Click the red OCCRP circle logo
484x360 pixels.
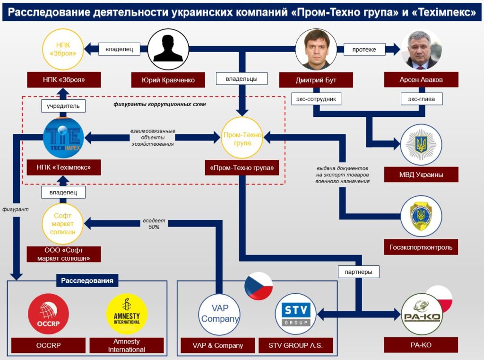pos(48,314)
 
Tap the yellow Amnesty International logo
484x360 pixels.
pos(127,314)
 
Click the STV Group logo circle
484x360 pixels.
pos(296,314)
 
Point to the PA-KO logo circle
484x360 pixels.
pos(421,314)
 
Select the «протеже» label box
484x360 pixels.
pos(363,49)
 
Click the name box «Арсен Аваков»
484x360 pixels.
pos(421,80)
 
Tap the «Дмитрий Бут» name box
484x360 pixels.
pos(316,80)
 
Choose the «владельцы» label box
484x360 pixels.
pos(242,78)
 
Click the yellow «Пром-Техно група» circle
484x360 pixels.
pos(242,138)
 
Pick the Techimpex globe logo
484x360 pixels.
pos(63,138)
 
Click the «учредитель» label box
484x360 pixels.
pos(63,106)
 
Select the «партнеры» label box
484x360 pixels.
pos(359,272)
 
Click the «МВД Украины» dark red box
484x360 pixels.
pos(421,175)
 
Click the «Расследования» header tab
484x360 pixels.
pos(87,281)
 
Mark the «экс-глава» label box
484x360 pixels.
pos(421,99)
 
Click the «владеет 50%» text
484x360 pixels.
pos(154,224)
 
